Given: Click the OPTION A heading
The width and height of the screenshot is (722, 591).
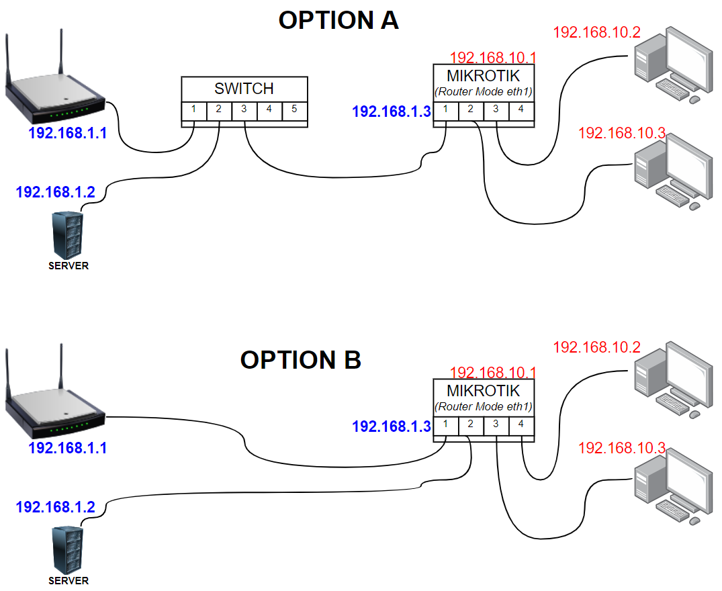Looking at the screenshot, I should click(x=339, y=20).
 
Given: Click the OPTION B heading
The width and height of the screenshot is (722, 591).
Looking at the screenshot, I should click(x=301, y=360).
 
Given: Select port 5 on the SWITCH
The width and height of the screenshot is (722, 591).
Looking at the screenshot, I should click(x=294, y=109).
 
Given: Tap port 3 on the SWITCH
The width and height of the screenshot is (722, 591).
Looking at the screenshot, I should click(x=244, y=109).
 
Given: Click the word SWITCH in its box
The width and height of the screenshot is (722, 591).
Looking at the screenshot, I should click(x=244, y=89).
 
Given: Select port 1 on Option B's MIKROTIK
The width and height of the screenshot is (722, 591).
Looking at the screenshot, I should click(x=445, y=424).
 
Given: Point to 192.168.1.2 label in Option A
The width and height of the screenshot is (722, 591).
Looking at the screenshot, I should click(x=55, y=192).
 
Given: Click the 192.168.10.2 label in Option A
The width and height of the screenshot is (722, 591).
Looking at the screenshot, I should click(x=596, y=32).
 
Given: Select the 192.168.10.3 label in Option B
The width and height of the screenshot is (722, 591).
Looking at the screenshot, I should click(x=621, y=448).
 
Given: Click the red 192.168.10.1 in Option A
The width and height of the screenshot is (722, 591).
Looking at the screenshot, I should click(x=492, y=57).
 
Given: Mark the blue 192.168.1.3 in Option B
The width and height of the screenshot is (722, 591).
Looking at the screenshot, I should click(x=391, y=426).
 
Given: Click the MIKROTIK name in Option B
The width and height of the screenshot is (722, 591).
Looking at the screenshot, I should click(x=483, y=391).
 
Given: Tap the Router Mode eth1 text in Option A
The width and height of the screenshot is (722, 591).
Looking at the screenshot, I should click(x=484, y=91).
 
